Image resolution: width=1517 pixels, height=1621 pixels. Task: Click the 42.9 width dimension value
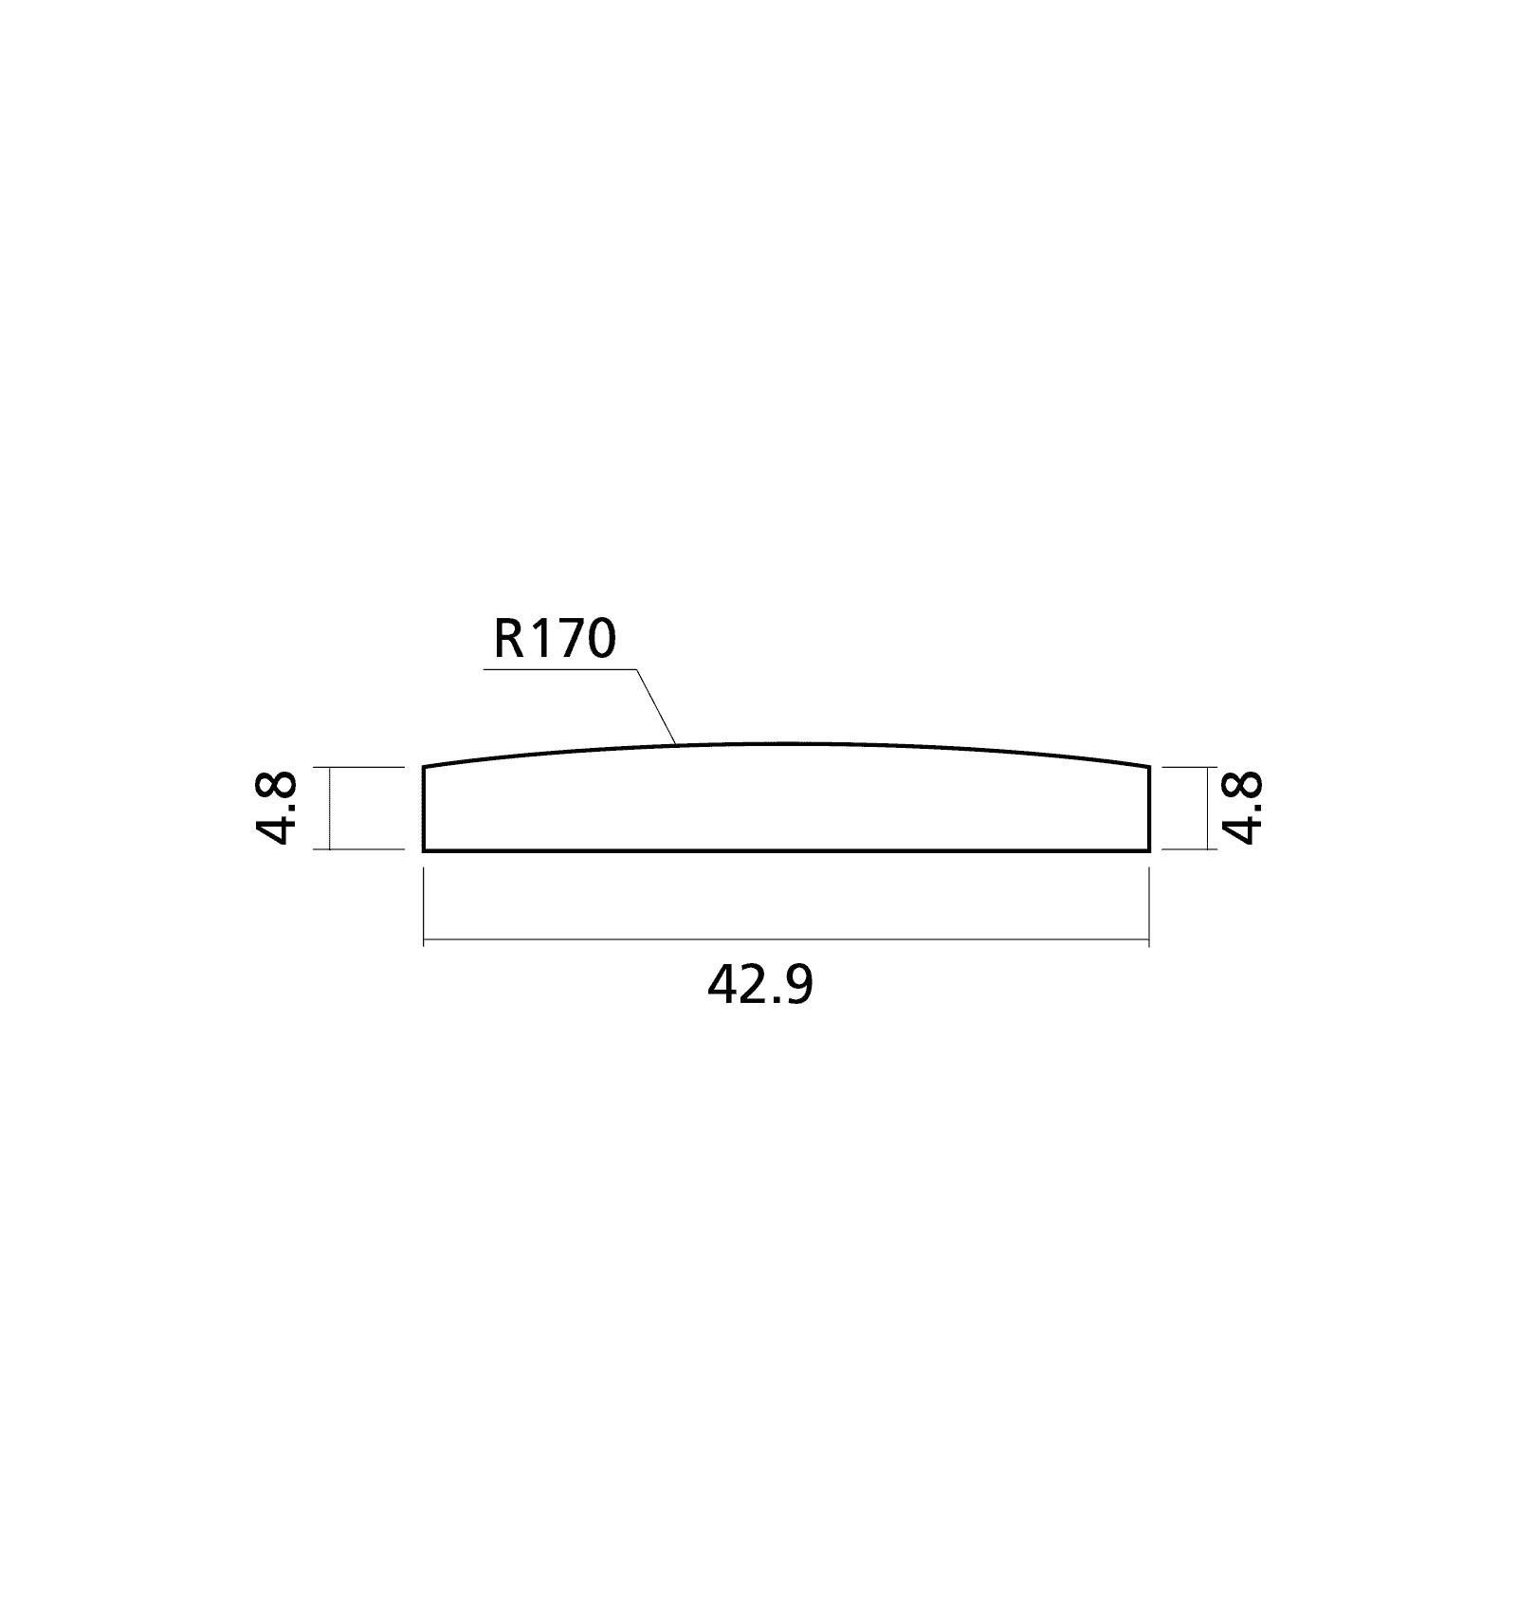(x=760, y=987)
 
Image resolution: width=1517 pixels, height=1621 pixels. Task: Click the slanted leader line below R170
(x=655, y=706)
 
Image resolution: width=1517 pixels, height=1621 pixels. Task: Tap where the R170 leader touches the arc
(x=675, y=744)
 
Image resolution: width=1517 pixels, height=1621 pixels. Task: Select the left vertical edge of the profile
(x=423, y=808)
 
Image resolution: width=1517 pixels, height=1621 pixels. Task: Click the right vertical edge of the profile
(x=1150, y=808)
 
